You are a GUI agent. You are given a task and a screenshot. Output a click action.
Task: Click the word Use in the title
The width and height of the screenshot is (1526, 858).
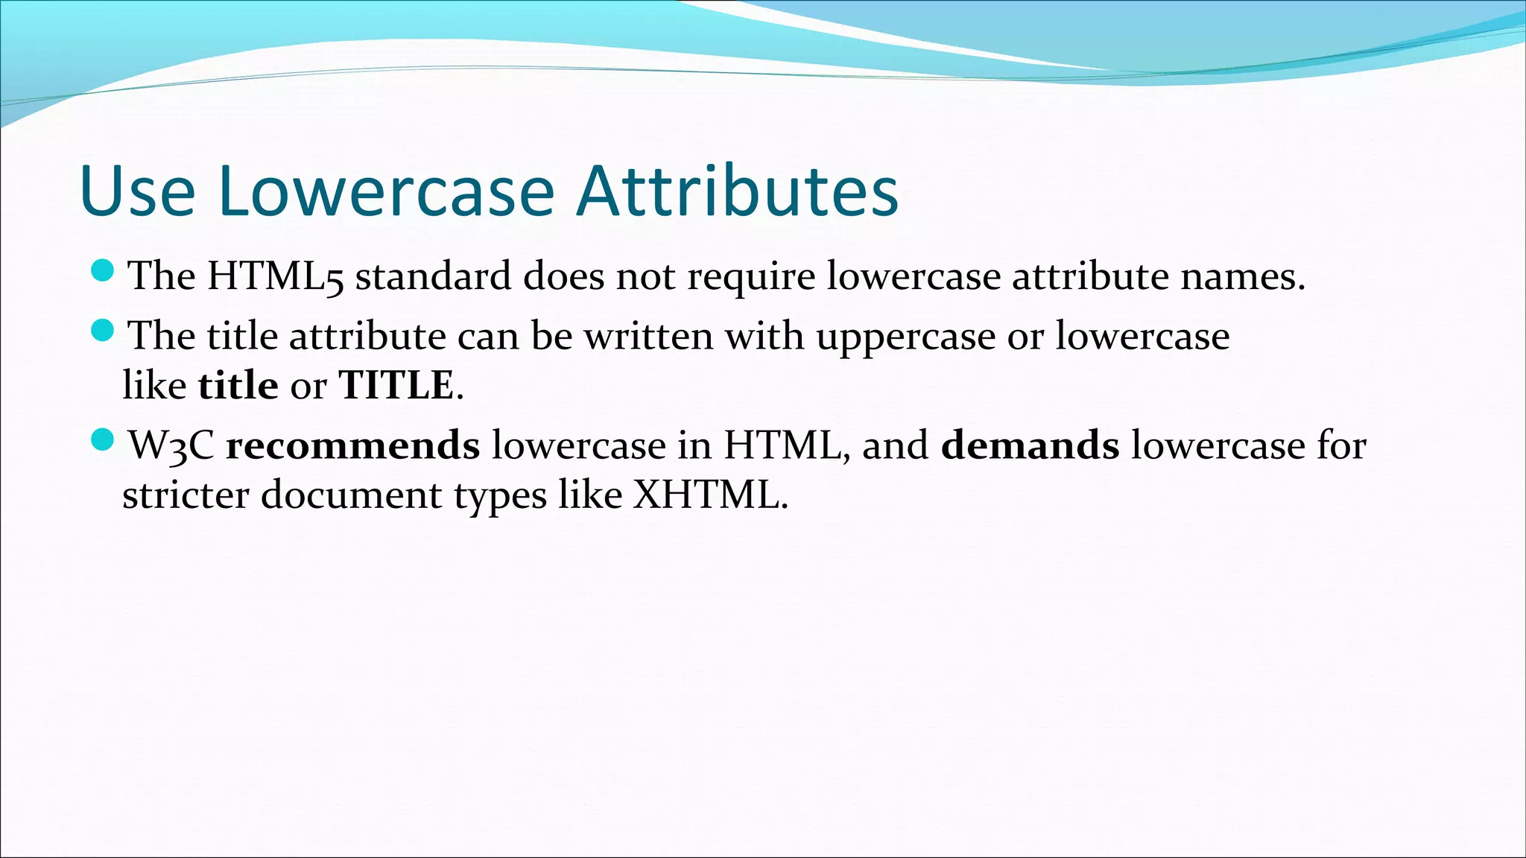pos(137,191)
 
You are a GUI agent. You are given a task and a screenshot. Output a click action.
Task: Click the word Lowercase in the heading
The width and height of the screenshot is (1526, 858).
pos(387,191)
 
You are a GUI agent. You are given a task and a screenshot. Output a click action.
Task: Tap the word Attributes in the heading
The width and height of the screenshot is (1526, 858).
pos(738,191)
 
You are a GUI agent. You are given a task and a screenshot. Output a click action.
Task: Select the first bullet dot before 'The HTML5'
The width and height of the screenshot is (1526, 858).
pos(102,270)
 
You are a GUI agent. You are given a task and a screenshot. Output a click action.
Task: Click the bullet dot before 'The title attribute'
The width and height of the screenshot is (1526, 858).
pos(102,330)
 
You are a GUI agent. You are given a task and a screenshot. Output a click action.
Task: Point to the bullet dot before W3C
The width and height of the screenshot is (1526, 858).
pos(102,440)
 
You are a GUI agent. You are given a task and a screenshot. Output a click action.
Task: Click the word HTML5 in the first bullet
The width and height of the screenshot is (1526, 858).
pos(275,276)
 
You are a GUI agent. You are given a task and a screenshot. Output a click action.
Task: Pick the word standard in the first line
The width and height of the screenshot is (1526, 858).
pos(433,276)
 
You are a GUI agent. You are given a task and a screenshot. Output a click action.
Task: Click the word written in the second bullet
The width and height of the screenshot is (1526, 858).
pos(648,336)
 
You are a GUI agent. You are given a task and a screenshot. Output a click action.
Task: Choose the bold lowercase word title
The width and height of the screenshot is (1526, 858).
pos(238,386)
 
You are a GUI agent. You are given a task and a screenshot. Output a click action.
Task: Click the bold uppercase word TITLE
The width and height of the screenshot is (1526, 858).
pos(396,386)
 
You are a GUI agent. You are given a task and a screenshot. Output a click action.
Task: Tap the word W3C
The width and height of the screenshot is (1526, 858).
pos(171,446)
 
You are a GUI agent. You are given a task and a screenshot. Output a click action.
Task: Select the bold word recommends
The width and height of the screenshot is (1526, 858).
pos(352,446)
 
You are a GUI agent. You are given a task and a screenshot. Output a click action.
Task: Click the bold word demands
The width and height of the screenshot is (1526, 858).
pos(1029,446)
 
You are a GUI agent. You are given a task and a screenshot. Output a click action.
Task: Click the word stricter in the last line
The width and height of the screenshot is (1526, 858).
pos(186,495)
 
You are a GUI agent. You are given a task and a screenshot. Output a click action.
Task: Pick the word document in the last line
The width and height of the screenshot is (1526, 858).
pos(351,495)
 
